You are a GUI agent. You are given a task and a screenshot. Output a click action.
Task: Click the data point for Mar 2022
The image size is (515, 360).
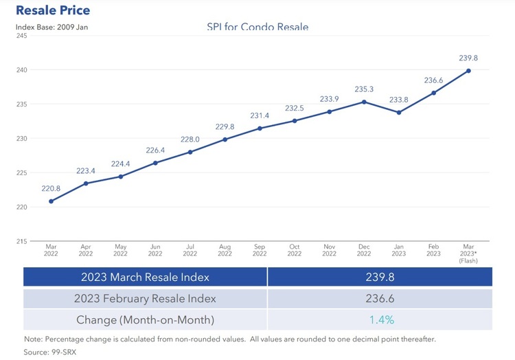point(51,201)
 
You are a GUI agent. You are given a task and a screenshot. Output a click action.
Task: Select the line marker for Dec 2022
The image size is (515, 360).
point(364,102)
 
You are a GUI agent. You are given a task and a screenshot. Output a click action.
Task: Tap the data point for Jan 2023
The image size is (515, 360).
point(399,112)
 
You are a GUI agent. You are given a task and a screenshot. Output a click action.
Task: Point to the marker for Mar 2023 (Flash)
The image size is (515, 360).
point(469,71)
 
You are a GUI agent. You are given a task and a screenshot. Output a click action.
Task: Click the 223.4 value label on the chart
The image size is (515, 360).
point(86,170)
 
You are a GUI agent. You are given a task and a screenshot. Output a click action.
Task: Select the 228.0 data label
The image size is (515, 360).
point(190,139)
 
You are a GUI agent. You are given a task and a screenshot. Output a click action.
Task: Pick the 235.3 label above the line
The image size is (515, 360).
point(364,89)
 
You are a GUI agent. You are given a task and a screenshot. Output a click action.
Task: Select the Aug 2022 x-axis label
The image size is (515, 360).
point(225,250)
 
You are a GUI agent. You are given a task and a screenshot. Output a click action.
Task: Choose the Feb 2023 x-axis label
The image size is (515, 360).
point(434,250)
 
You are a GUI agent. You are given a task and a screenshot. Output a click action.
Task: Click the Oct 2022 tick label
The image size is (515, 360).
point(295,250)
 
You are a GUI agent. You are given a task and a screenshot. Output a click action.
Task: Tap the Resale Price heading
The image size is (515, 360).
point(53,10)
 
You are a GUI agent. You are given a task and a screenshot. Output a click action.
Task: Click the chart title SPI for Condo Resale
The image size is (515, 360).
point(257,27)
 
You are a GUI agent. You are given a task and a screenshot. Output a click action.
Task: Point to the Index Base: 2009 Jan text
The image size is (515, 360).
point(51,27)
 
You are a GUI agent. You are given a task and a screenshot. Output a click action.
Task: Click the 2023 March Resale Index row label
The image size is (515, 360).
point(145,277)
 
